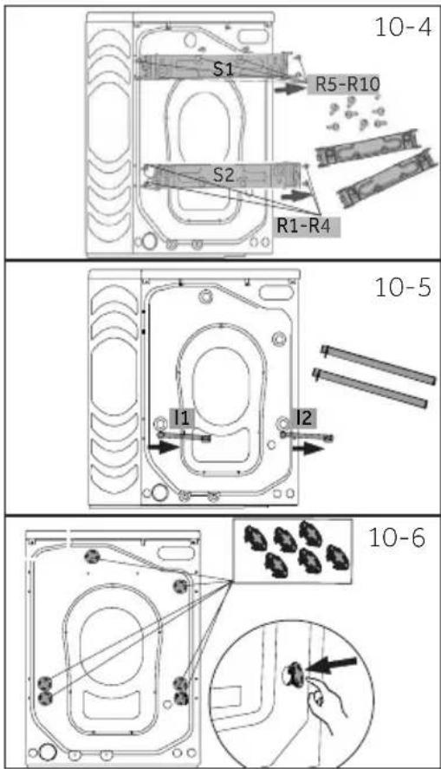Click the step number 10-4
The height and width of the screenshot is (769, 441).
point(403,27)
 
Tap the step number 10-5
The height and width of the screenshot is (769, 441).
point(403,287)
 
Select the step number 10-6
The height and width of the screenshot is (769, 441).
point(397,538)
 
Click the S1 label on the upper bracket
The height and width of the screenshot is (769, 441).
point(224,69)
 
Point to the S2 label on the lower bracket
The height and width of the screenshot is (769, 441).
point(224,174)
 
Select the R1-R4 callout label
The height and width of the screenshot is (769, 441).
point(307,225)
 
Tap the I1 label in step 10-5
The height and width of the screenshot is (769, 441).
point(181,418)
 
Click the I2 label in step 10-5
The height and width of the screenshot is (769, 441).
point(304,418)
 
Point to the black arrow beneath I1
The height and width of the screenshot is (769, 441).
point(164,446)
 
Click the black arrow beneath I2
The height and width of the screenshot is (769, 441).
point(304,448)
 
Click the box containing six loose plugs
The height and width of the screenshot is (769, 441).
point(292,551)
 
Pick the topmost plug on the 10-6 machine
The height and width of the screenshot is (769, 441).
point(92,556)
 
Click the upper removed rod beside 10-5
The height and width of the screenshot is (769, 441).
point(378,365)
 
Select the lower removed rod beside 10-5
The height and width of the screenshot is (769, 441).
point(370,388)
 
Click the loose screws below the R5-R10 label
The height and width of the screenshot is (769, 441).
point(356,114)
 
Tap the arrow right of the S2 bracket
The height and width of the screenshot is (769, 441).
point(297,195)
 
